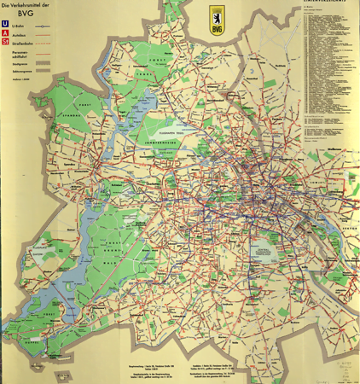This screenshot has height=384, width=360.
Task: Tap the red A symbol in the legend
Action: click(x=7, y=35)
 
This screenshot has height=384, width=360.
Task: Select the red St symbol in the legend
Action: click(x=7, y=44)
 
